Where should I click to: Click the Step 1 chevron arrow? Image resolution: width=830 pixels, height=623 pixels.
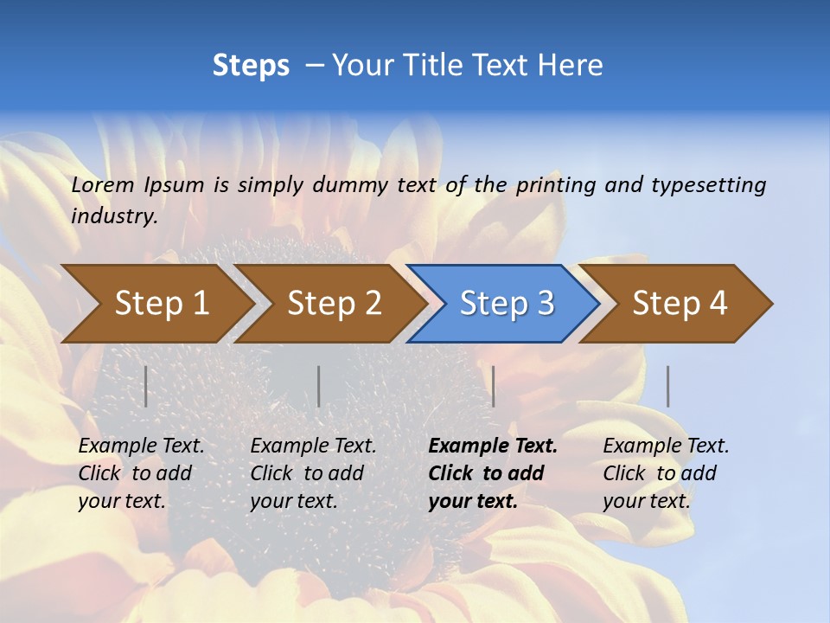pos(161,304)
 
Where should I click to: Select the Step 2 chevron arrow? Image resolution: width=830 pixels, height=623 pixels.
pos(334,304)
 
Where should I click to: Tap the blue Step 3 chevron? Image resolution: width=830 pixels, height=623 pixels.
pos(507,304)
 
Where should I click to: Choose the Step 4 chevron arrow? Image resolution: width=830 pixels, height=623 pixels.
pos(680,304)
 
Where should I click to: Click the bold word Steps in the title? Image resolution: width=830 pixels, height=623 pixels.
pos(251,66)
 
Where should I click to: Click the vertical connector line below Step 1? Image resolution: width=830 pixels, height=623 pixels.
pos(145,386)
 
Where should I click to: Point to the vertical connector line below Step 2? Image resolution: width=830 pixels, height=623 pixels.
pos(319,386)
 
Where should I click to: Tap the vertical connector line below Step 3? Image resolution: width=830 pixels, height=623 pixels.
pos(493,386)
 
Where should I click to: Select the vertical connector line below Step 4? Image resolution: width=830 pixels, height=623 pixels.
pos(667,386)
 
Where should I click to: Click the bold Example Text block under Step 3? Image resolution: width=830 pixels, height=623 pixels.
pos(492,473)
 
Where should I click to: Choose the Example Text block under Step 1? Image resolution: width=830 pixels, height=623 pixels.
pos(140,473)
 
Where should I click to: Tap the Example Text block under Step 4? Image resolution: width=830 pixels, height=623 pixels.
pos(665,473)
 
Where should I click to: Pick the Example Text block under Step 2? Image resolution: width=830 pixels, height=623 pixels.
pos(312,473)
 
